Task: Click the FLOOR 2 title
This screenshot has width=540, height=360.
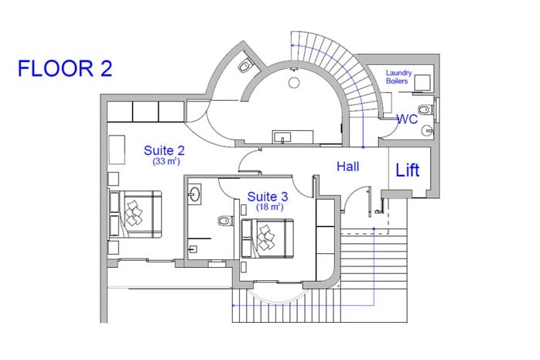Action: [65, 68]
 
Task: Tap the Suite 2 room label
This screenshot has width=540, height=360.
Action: [164, 150]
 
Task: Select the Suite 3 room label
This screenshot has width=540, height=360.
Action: [268, 197]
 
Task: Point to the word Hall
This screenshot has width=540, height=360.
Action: [348, 166]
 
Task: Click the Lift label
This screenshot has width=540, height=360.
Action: [408, 170]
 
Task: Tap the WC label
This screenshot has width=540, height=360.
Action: [408, 119]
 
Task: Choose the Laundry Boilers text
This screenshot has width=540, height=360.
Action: [398, 77]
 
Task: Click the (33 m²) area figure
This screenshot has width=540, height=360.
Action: [166, 161]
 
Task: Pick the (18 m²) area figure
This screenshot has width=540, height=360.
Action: [270, 207]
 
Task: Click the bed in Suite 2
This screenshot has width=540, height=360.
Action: [135, 214]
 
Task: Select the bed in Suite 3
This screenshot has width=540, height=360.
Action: [267, 238]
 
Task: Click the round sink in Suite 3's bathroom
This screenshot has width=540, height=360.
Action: [195, 194]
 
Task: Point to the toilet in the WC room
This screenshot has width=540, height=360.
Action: [426, 110]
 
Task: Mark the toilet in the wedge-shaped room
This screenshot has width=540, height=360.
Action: [245, 66]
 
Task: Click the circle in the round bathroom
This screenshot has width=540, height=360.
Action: [294, 83]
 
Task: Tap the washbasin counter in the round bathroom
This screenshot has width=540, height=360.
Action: [292, 137]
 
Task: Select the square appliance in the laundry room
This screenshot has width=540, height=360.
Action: [422, 83]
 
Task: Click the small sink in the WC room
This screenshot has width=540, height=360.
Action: [429, 130]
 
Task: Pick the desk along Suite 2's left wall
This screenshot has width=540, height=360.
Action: [117, 150]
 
